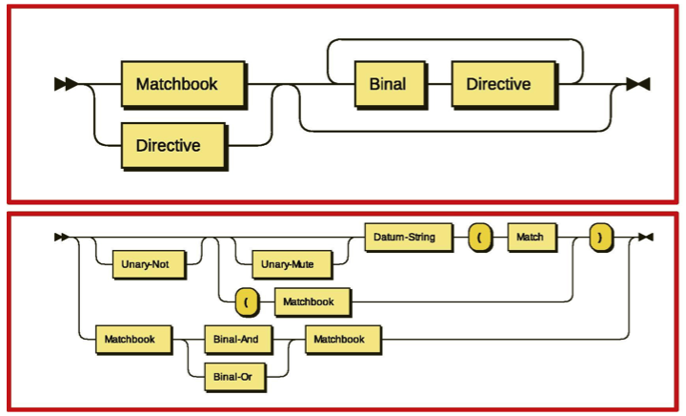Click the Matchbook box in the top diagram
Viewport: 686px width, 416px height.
click(177, 84)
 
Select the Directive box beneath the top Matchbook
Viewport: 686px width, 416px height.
click(169, 146)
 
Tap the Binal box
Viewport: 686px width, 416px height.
click(387, 84)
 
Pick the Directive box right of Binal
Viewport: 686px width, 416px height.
click(498, 84)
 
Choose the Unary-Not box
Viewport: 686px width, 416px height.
click(148, 263)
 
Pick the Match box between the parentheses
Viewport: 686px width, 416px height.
click(532, 237)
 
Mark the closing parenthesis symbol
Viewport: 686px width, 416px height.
click(599, 237)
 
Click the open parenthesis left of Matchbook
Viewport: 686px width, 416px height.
click(247, 302)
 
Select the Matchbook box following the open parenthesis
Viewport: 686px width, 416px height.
click(309, 302)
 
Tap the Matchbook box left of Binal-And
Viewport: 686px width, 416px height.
click(131, 338)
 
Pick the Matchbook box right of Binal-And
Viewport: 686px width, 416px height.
click(340, 338)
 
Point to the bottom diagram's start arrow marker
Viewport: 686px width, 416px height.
click(62, 237)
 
